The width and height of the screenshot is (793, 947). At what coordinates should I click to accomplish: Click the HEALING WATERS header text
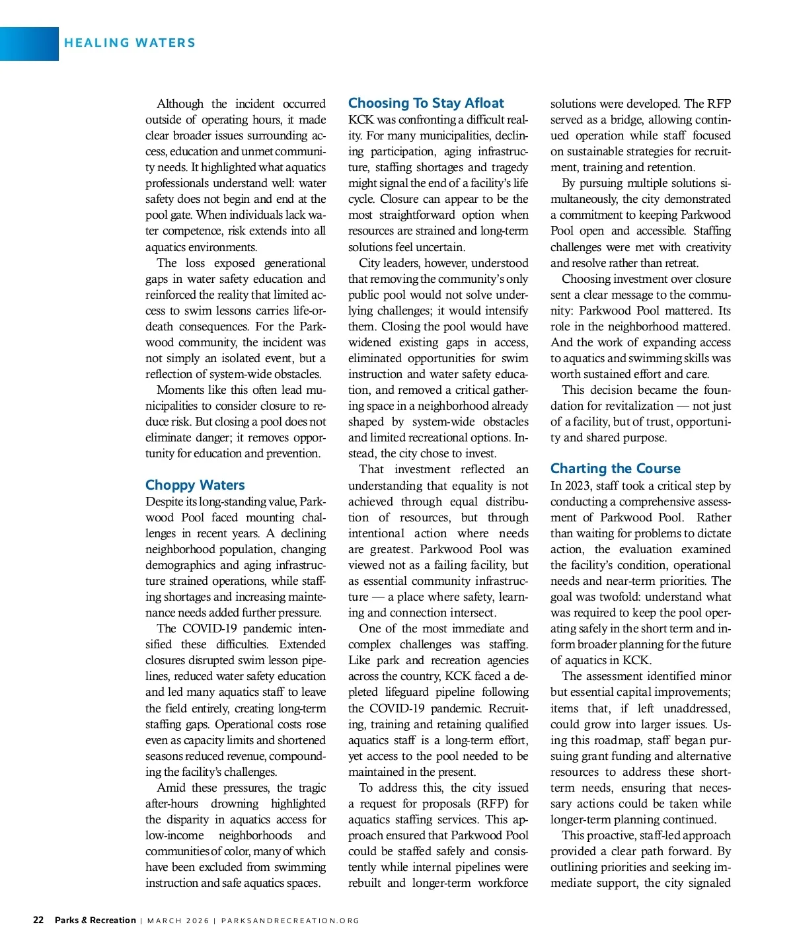130,43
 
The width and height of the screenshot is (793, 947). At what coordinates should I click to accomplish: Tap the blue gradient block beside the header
29,44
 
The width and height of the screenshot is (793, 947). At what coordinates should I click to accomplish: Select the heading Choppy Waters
195,485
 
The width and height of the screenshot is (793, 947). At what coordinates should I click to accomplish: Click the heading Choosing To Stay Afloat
426,103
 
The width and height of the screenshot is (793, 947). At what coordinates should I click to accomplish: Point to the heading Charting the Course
615,469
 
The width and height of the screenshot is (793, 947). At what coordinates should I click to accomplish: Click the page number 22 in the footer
38,920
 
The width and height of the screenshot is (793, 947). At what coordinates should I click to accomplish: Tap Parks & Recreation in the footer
95,920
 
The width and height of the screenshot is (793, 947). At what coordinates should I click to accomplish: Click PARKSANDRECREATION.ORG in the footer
290,921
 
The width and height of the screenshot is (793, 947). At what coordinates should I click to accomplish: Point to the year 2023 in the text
578,486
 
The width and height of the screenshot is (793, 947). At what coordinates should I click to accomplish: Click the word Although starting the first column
180,104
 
